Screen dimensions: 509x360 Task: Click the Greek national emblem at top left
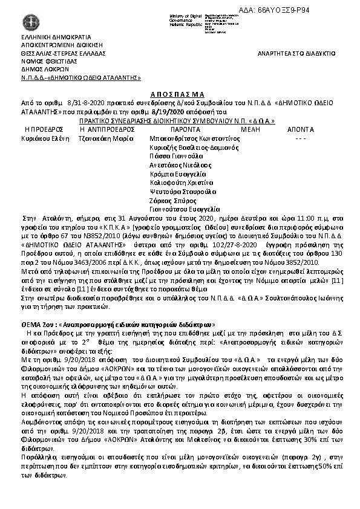click(x=28, y=21)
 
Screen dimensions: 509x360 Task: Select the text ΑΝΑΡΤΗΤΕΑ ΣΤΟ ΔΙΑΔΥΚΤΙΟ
click(x=296, y=53)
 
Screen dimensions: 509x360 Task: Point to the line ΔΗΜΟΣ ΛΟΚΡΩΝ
click(x=45, y=69)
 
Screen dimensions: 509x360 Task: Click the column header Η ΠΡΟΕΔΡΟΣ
click(x=44, y=129)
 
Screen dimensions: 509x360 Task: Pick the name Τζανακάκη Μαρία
click(x=107, y=138)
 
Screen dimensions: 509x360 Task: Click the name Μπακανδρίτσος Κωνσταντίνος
click(x=195, y=138)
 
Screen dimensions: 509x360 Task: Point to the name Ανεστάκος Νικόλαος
click(x=180, y=164)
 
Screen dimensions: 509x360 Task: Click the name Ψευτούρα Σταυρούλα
click(x=183, y=192)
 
